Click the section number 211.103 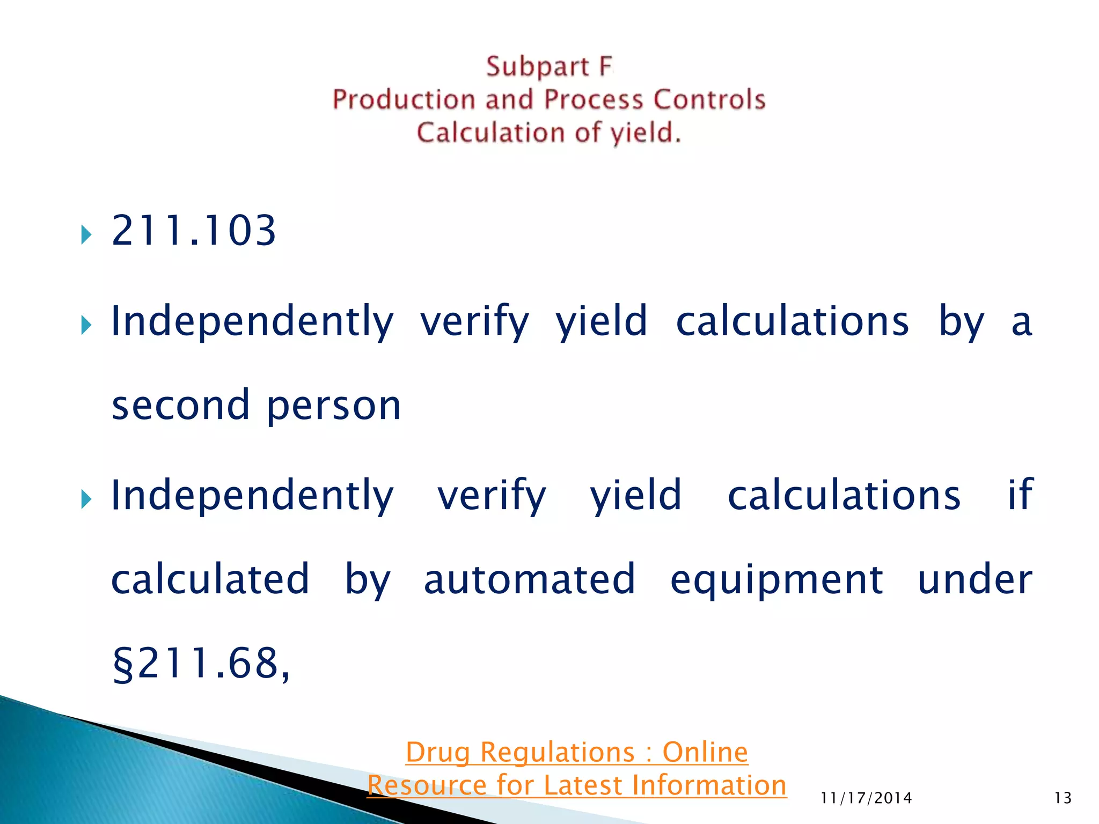(x=193, y=231)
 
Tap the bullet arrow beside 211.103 (x=86, y=234)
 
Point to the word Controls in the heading (x=709, y=100)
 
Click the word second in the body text (x=181, y=405)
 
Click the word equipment (x=776, y=581)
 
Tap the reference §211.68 (x=200, y=664)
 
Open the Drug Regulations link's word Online (x=705, y=752)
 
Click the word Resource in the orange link (x=427, y=785)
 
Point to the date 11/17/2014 (x=866, y=798)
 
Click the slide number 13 (x=1063, y=798)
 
